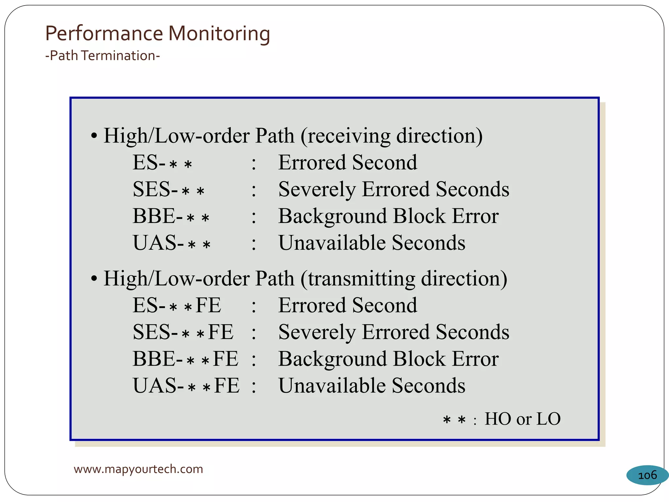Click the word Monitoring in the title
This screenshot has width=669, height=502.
tap(219, 34)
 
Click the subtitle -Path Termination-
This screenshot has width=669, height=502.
tap(103, 56)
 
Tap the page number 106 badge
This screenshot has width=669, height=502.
tap(647, 475)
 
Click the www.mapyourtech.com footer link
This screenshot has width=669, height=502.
tap(138, 469)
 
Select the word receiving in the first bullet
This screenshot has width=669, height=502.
tap(349, 136)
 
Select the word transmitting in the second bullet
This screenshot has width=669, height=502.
tap(362, 279)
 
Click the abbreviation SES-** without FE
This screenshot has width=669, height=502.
tap(169, 190)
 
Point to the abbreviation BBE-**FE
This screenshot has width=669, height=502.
tap(185, 359)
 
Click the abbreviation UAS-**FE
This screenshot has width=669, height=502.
tap(186, 386)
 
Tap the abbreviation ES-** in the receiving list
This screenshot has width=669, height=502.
tap(162, 163)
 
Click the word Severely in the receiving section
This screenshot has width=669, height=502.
tap(317, 190)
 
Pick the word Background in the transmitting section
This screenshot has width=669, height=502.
tap(332, 359)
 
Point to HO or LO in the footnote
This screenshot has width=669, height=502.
tap(522, 419)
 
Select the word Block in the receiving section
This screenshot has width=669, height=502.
tap(419, 216)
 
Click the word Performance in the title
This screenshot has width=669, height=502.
tap(104, 34)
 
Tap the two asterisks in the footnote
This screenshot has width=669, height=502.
tap(454, 420)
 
